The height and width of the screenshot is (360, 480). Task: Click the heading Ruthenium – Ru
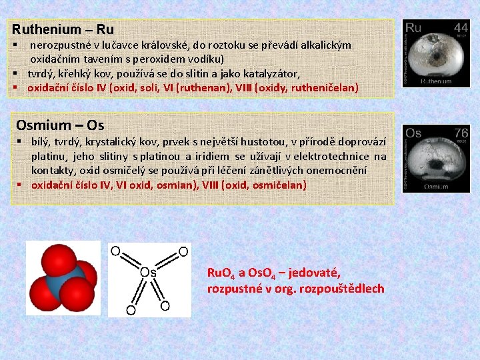pyautogui.click(x=63, y=29)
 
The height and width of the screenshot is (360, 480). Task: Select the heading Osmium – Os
pyautogui.click(x=60, y=125)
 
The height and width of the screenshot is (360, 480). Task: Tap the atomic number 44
pyautogui.click(x=460, y=28)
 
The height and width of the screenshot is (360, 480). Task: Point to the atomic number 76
pyautogui.click(x=460, y=133)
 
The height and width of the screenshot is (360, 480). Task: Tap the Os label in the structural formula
pyautogui.click(x=148, y=272)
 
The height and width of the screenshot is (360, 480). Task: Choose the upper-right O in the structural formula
pyautogui.click(x=183, y=251)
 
